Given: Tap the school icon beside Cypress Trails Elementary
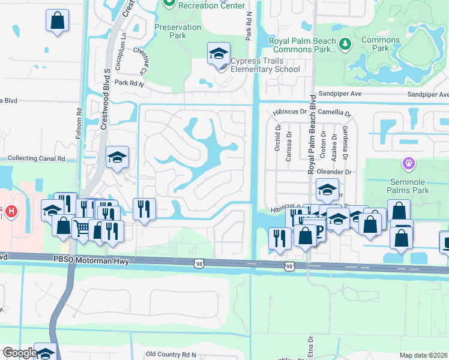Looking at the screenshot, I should click(218, 54).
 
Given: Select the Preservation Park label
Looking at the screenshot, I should click(178, 31).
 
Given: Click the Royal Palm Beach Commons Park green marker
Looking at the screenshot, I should click(345, 44).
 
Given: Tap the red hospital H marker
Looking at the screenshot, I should click(10, 212).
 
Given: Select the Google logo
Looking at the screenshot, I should click(19, 353).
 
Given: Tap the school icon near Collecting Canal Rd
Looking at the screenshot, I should click(117, 158).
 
